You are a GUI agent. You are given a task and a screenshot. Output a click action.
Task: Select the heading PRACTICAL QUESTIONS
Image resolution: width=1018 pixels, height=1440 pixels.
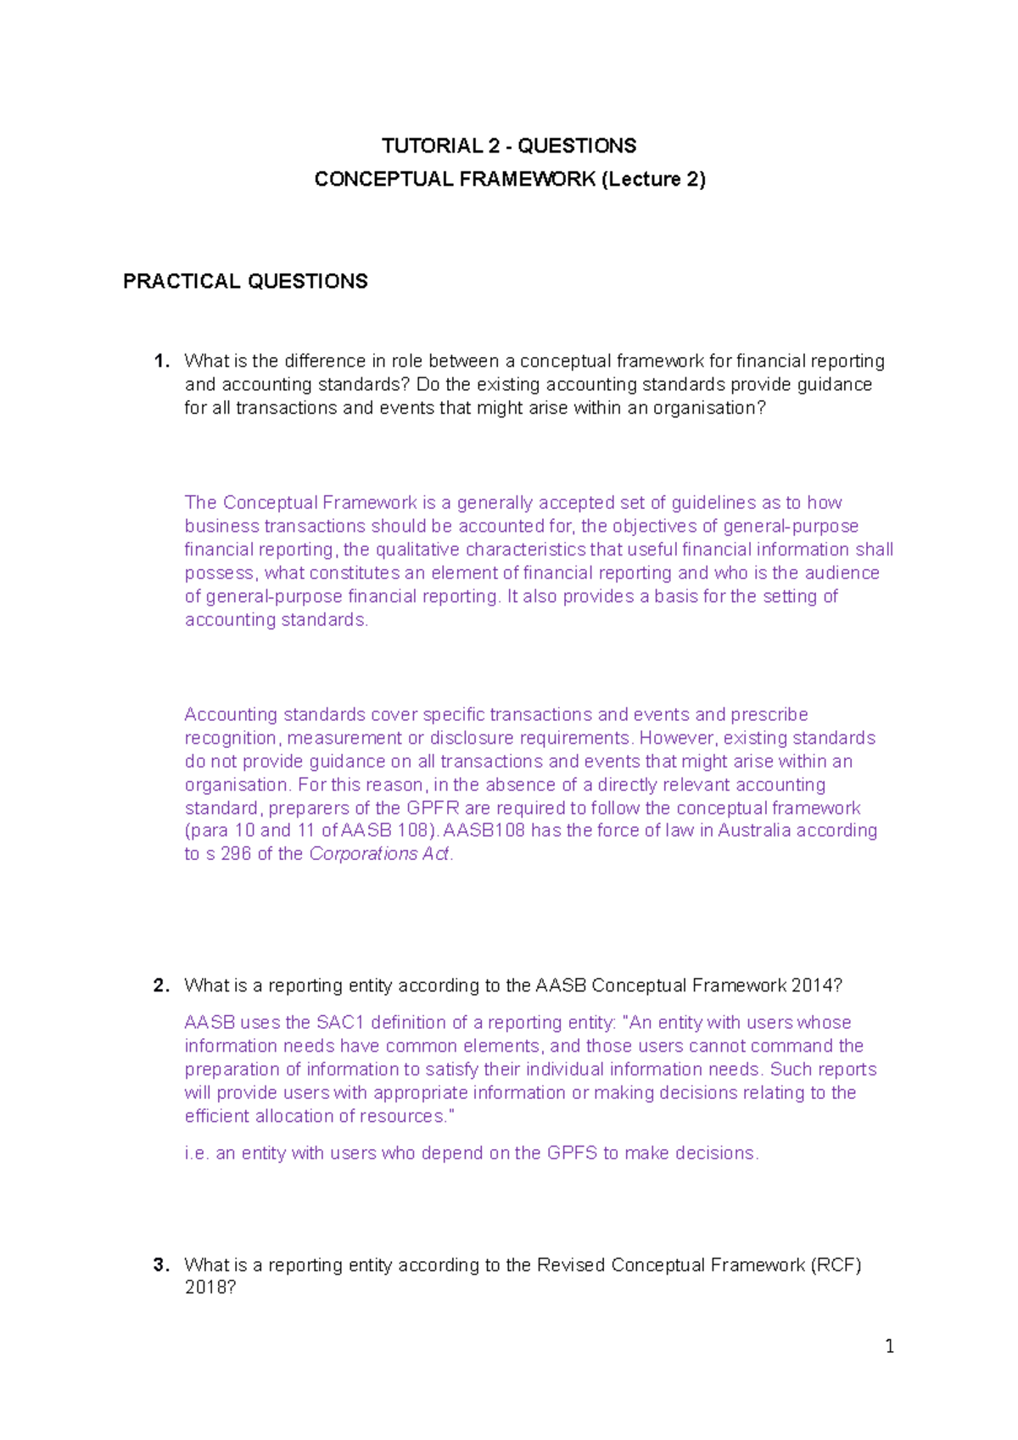pos(245,282)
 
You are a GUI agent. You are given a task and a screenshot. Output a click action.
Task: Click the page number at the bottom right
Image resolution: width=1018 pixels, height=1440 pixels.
pos(889,1346)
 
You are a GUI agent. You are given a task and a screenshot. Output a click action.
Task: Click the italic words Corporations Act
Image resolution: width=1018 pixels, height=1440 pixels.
pos(379,854)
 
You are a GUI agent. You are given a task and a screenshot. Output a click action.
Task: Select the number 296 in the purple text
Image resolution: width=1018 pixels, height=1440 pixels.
pos(236,854)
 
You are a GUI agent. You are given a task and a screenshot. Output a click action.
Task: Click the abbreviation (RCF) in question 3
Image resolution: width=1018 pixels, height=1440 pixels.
pos(836,1265)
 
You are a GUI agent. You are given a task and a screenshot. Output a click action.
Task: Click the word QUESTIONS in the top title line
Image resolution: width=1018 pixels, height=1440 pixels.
pos(577,146)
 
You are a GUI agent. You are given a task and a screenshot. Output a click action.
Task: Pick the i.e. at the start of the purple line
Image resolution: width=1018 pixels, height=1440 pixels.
pos(196,1153)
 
